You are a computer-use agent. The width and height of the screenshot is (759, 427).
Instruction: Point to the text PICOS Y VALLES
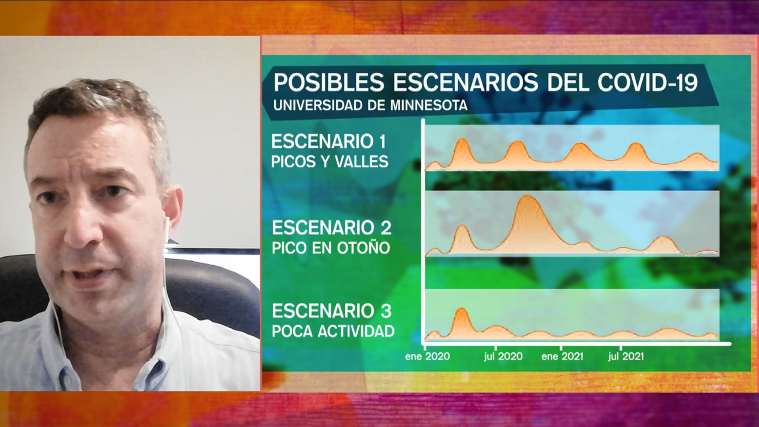click(x=330, y=162)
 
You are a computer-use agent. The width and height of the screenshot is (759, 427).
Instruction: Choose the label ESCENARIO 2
click(x=331, y=227)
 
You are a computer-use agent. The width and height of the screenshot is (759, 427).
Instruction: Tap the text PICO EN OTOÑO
click(x=331, y=248)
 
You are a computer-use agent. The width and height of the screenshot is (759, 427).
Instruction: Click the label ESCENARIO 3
click(x=331, y=311)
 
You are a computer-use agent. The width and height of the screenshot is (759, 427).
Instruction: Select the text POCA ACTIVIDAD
click(x=333, y=331)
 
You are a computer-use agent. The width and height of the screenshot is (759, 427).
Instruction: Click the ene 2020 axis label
click(x=427, y=356)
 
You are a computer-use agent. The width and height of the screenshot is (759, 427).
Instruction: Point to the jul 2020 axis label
click(x=503, y=356)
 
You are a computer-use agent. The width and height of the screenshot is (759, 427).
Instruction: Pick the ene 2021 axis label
click(x=562, y=356)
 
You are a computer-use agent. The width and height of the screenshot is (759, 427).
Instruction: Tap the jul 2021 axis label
click(x=626, y=356)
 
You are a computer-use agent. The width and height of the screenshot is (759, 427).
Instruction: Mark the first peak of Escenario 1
click(x=462, y=143)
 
